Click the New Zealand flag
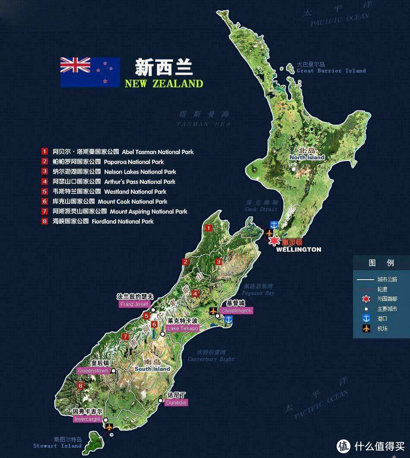(x=90, y=72)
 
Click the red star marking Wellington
(x=274, y=242)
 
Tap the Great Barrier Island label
(x=331, y=70)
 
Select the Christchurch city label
(x=236, y=310)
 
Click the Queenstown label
(x=93, y=371)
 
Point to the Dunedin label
(x=177, y=402)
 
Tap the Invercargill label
(x=87, y=419)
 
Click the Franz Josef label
(x=134, y=304)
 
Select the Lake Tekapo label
(x=183, y=328)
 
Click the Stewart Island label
(x=57, y=445)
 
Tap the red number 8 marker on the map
(x=80, y=385)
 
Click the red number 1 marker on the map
(x=208, y=228)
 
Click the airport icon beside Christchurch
(x=212, y=310)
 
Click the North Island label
(x=307, y=157)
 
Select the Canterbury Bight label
(x=211, y=359)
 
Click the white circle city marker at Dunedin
(x=161, y=401)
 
